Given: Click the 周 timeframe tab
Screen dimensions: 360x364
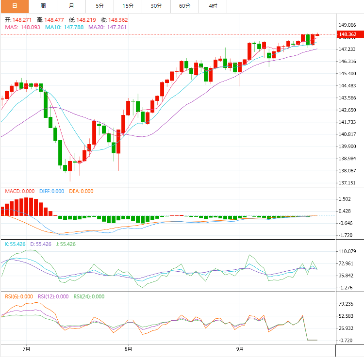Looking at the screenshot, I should click(43, 6).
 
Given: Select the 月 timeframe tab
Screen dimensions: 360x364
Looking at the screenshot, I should click(71, 6).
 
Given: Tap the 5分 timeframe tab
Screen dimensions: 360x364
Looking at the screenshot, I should click(99, 6).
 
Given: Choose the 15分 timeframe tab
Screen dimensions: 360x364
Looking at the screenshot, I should click(128, 6).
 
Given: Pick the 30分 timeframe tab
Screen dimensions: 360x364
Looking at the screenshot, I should click(156, 6).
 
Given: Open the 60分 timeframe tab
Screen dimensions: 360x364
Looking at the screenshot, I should click(184, 6).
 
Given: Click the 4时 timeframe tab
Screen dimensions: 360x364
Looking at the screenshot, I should click(213, 6).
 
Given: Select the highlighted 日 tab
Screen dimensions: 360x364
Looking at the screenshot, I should click(15, 6).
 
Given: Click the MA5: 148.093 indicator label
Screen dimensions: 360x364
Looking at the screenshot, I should click(23, 27).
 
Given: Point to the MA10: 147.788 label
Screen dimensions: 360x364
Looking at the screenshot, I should click(64, 27).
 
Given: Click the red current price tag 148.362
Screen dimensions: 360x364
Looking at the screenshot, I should click(348, 34).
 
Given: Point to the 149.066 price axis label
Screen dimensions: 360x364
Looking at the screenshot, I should click(348, 25).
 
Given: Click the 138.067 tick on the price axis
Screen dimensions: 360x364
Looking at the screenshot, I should click(348, 171).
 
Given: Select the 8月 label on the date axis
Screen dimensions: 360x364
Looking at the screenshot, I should click(128, 349).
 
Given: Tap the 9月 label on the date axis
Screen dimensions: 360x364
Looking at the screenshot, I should click(240, 349).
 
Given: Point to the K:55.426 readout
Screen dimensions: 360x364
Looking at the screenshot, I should click(15, 244).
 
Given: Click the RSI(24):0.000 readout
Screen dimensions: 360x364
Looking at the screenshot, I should click(89, 296).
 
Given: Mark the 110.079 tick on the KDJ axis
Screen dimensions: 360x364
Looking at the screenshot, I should click(348, 251).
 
